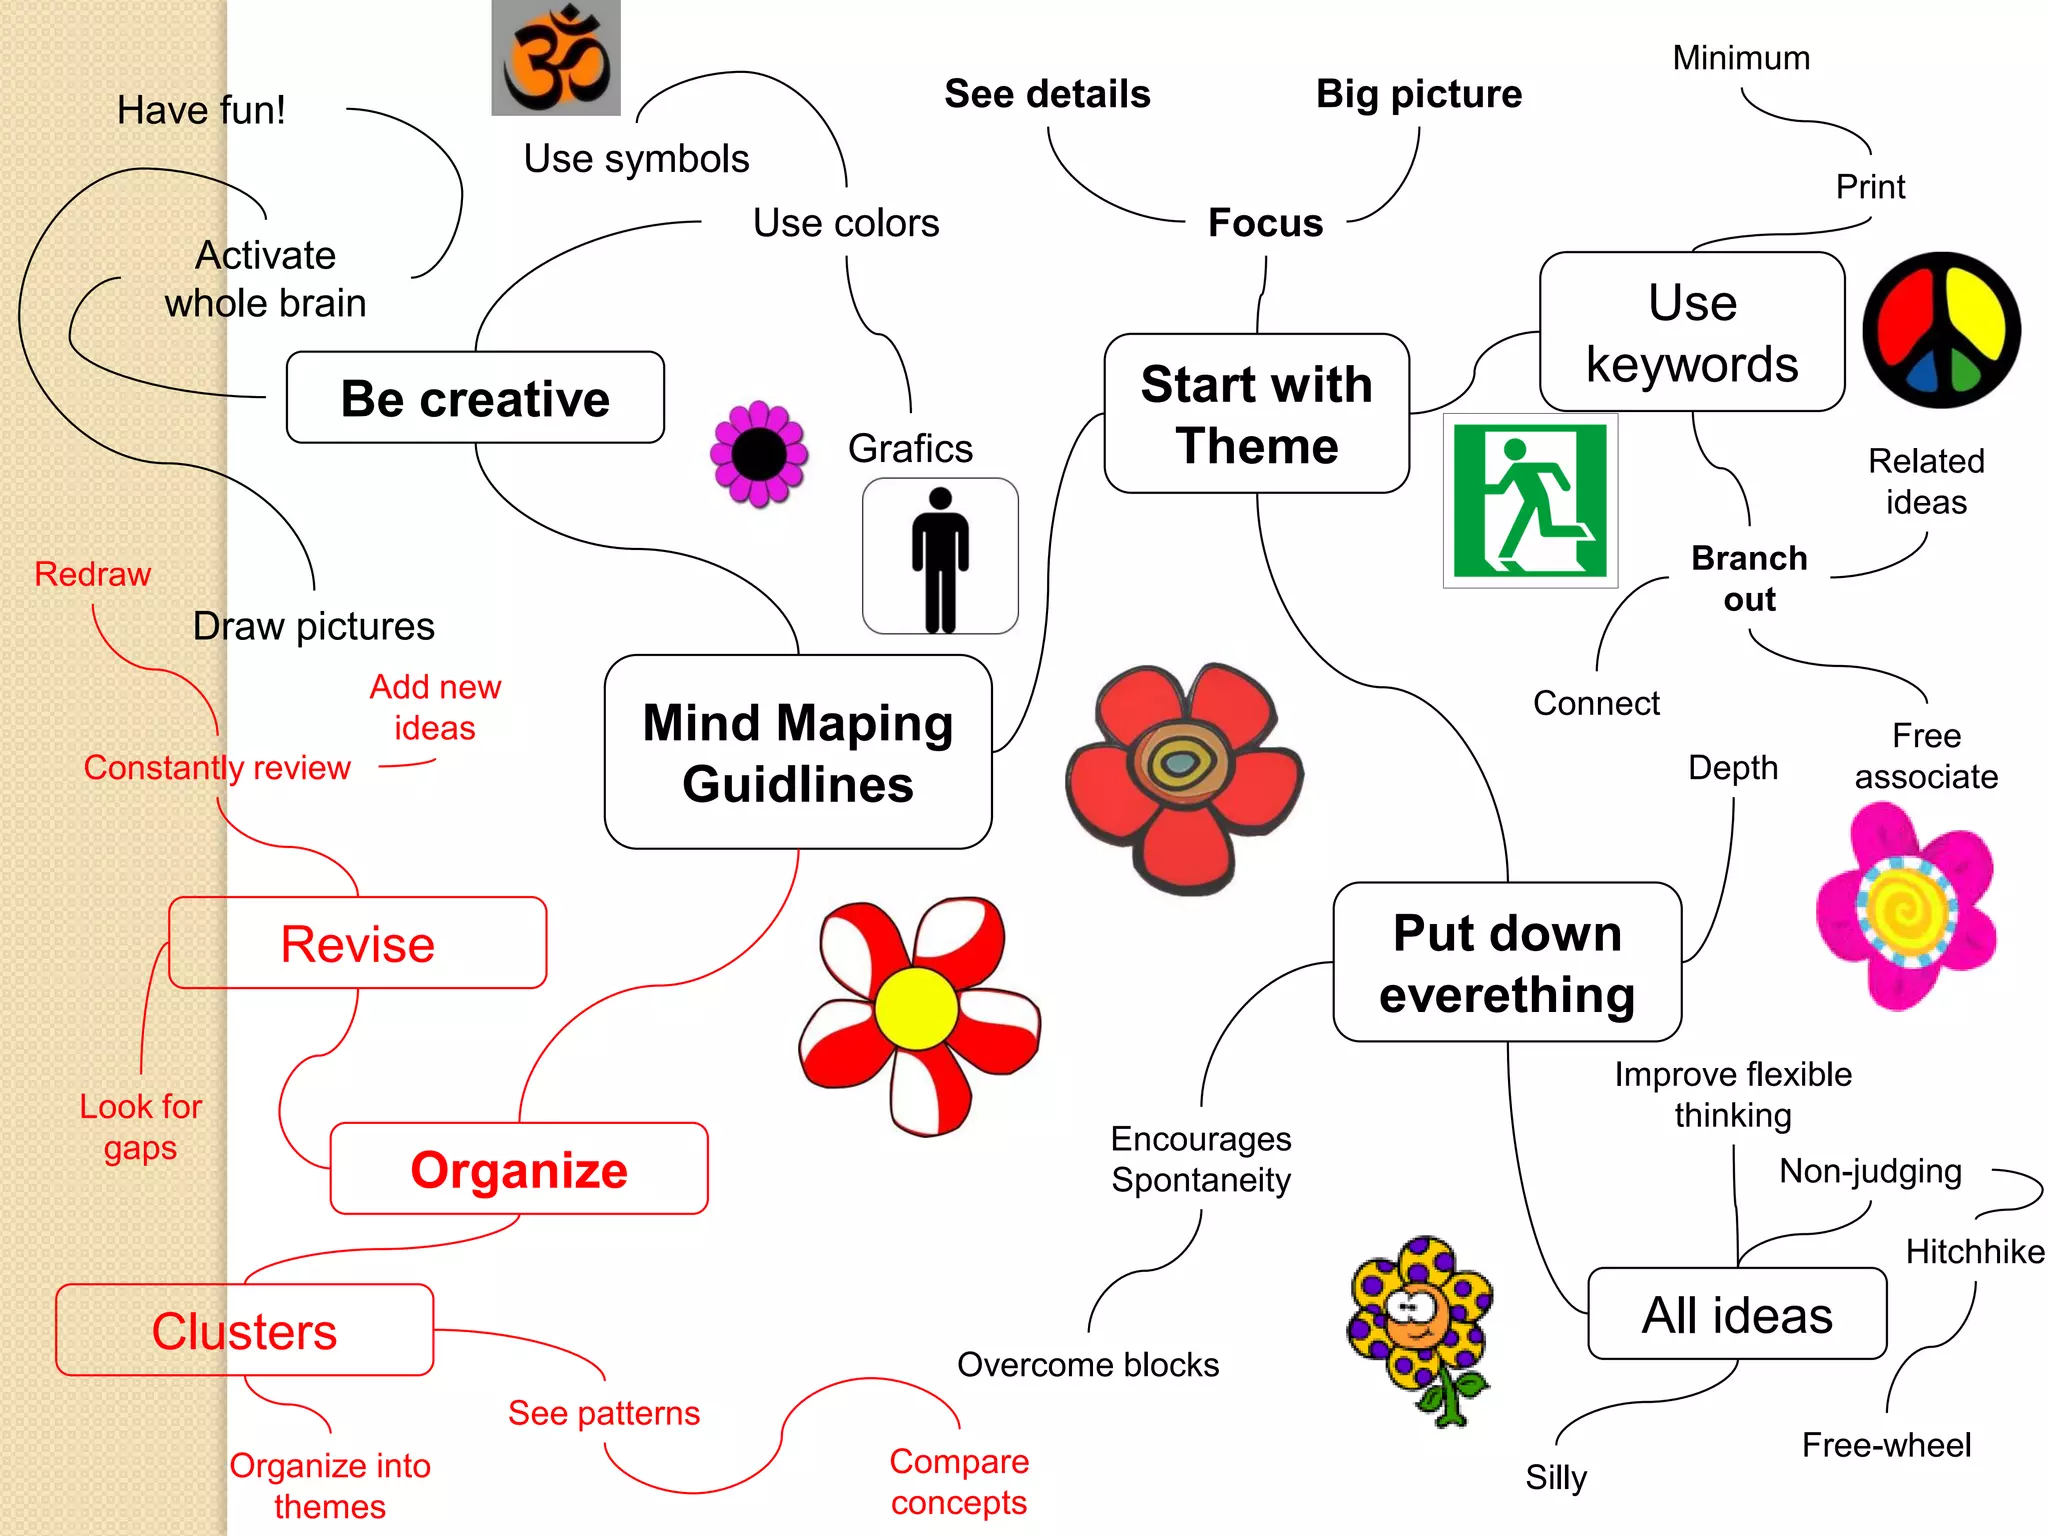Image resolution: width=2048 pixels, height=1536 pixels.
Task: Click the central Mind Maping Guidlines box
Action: click(798, 752)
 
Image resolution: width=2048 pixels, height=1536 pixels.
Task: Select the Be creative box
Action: click(475, 398)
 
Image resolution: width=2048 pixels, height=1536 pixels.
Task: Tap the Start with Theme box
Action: click(1256, 414)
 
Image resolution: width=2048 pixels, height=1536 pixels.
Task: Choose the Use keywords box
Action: click(1692, 332)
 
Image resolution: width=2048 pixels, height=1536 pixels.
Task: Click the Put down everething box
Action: click(1507, 962)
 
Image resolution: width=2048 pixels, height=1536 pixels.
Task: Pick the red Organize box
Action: click(519, 1169)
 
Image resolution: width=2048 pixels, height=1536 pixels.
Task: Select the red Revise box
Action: click(358, 943)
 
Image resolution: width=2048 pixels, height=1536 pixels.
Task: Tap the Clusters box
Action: click(245, 1330)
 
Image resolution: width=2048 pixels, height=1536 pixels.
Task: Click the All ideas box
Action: click(1737, 1314)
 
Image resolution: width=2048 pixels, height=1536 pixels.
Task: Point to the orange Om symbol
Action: click(556, 58)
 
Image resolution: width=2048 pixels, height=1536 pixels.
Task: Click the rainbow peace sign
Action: click(1941, 330)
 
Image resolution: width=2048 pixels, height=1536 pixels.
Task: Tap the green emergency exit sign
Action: click(1530, 500)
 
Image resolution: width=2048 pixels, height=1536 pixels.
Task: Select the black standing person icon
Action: click(940, 556)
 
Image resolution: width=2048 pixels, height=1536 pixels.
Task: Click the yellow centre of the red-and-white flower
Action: click(916, 1008)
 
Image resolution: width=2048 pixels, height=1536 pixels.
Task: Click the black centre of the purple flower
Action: click(759, 455)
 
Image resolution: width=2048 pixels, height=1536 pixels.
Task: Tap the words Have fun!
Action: click(201, 110)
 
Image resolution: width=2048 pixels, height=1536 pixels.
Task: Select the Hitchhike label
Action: click(1975, 1252)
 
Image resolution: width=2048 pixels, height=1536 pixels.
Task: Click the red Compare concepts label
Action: click(959, 1482)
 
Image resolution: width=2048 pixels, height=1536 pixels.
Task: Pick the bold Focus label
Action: click(1265, 223)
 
